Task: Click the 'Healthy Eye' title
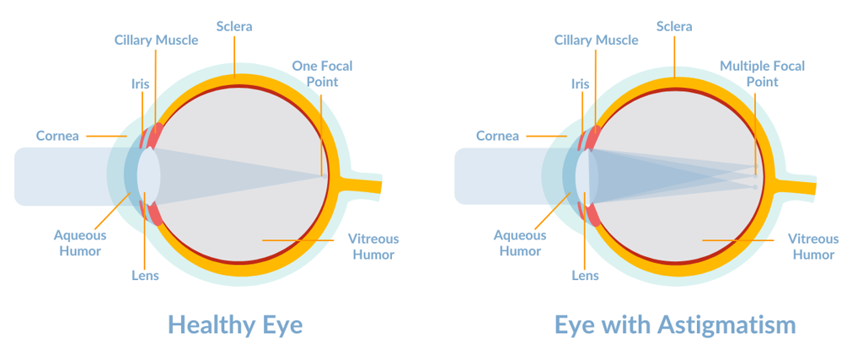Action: [235, 325]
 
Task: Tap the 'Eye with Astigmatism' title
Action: [675, 325]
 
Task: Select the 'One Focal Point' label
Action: [322, 73]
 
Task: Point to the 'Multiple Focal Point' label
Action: [762, 73]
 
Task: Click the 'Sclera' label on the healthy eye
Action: [234, 26]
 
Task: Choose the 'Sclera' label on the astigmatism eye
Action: [674, 26]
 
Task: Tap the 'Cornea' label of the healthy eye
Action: [57, 136]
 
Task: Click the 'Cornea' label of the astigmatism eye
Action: [497, 136]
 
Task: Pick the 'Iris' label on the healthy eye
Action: [140, 83]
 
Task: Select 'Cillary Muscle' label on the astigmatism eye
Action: [596, 40]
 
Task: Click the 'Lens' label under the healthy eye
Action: [145, 275]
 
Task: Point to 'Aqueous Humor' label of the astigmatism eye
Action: [520, 243]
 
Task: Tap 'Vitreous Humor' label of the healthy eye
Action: [373, 247]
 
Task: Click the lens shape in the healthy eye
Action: [148, 175]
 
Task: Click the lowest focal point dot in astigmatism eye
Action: [755, 187]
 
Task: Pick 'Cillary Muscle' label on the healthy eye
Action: [156, 40]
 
